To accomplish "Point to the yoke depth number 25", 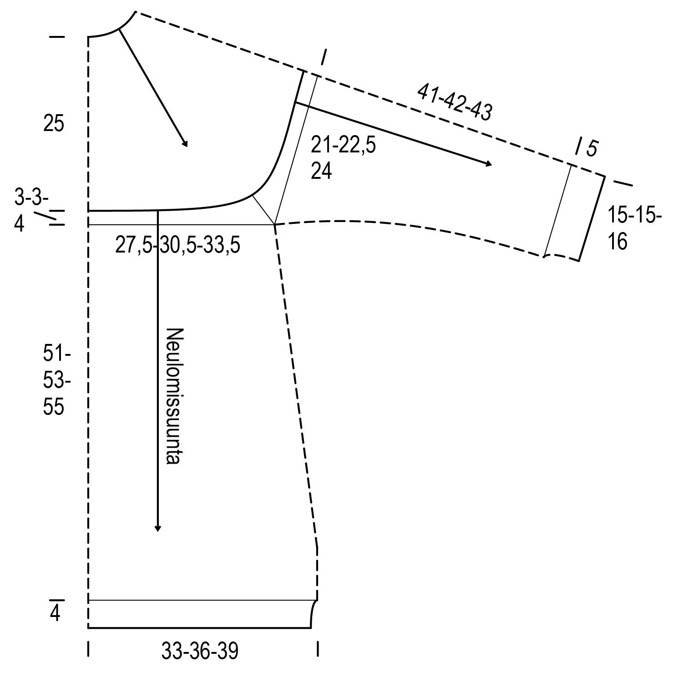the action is point(54,124).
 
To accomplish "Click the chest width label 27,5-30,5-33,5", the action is point(177,246).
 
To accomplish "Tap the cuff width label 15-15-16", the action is point(635,228).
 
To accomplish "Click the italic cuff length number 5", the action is point(592,149).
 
